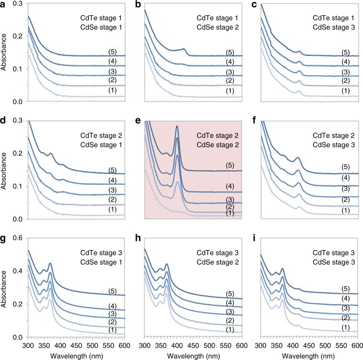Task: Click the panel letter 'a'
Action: tap(4, 5)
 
